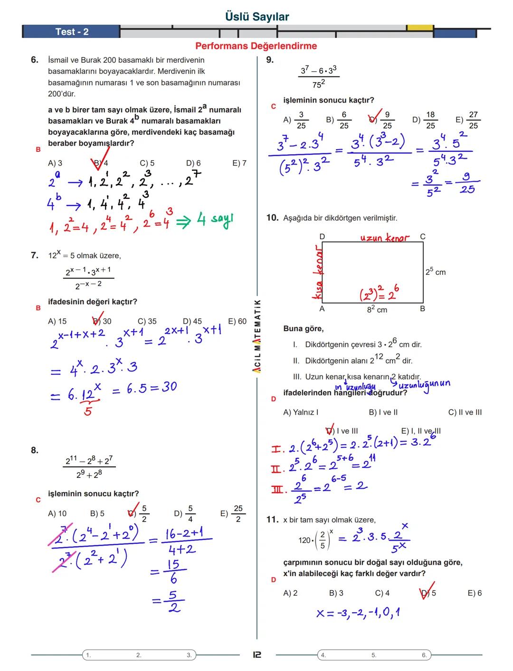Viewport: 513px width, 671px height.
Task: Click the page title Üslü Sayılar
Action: tap(257, 17)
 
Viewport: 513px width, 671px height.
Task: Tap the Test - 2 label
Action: tap(72, 32)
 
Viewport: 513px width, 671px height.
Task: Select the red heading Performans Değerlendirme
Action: tap(256, 46)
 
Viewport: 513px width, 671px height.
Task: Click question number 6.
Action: tap(34, 60)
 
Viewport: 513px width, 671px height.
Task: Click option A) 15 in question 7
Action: tap(57, 321)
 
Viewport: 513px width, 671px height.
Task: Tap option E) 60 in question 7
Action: tap(237, 321)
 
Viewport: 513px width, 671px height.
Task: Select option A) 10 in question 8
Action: tap(57, 513)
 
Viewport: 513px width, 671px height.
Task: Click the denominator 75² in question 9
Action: tap(319, 84)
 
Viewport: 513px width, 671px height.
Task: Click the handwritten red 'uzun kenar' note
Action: tap(384, 237)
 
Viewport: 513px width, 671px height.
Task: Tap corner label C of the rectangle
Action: tap(423, 236)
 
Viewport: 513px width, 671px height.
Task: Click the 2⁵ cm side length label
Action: tap(435, 272)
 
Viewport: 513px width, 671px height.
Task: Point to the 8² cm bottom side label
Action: tap(377, 309)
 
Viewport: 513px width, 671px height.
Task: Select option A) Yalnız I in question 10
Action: tap(301, 412)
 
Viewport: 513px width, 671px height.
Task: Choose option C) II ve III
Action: tap(465, 412)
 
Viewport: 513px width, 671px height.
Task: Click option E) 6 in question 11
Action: tap(475, 593)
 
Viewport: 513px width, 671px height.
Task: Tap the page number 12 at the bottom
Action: tap(256, 655)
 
